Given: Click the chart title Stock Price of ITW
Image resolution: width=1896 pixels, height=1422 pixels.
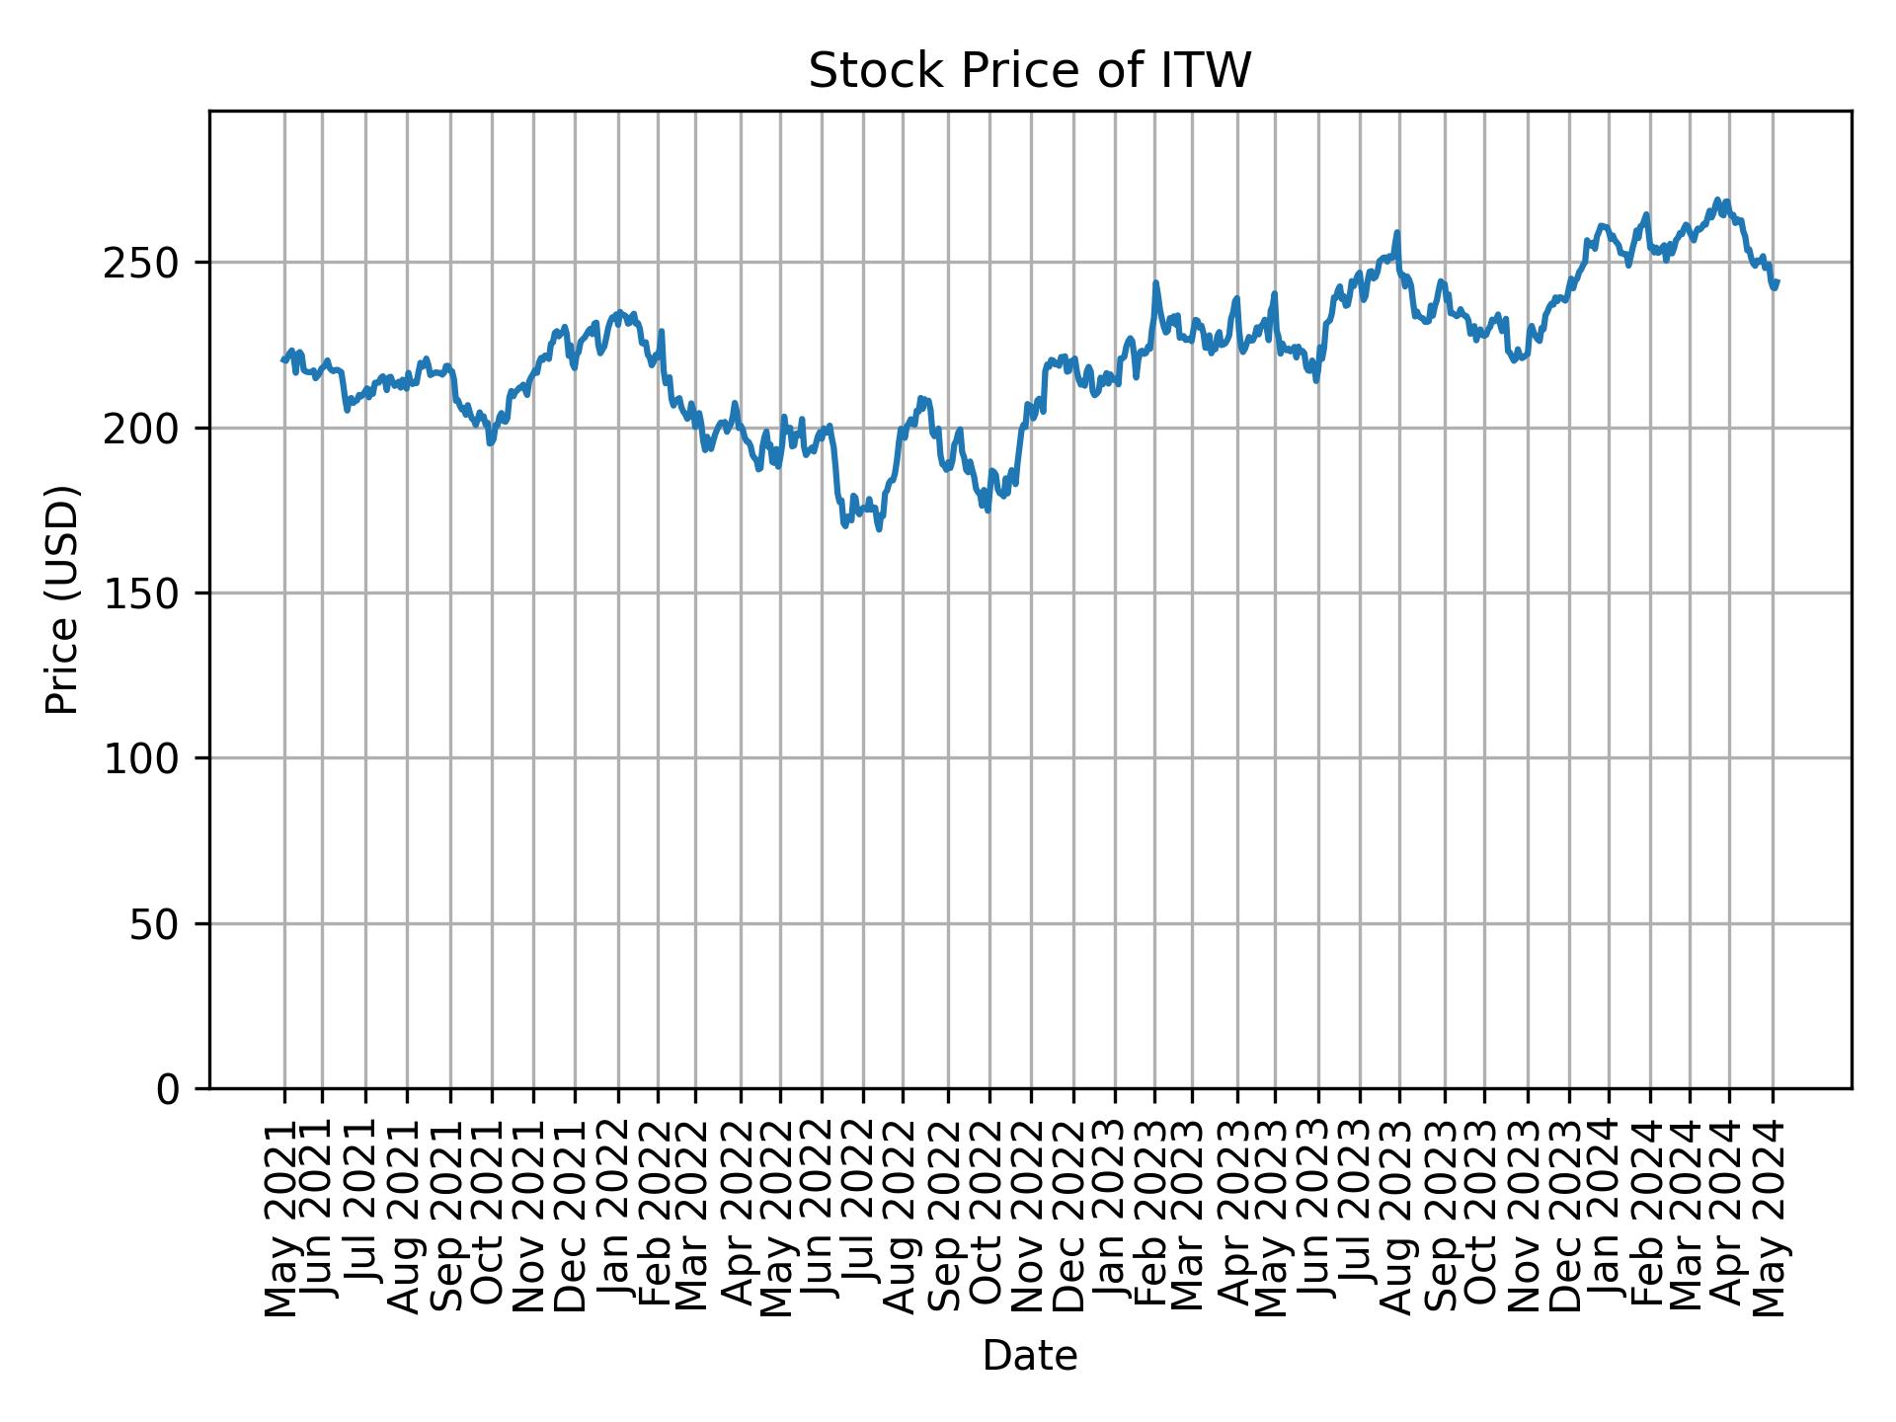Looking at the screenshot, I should pos(1030,71).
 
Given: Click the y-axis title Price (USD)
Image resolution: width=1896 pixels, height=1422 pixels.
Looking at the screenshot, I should pos(62,599).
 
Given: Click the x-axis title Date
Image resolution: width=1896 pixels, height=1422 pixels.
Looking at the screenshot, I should pos(1030,1356).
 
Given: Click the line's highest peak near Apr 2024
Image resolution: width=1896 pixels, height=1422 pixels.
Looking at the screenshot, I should pos(1717,199).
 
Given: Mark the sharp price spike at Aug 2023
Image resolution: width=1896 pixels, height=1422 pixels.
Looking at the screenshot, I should pos(1397,233).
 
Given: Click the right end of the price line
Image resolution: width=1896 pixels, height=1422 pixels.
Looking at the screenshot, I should pos(1777,282).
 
